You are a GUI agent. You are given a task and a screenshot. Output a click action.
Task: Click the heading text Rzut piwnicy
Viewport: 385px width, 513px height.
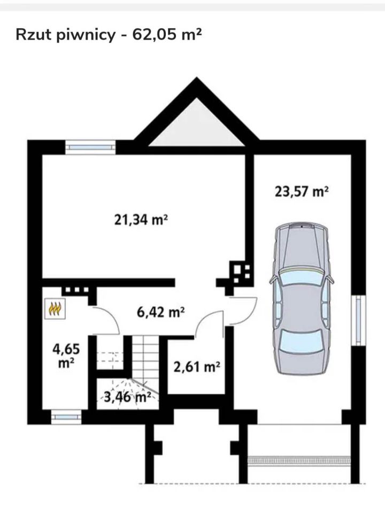point(65,35)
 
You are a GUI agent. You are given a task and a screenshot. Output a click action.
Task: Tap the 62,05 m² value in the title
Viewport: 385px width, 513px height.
point(166,34)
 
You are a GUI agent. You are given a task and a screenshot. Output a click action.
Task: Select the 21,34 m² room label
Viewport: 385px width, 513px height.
point(141,220)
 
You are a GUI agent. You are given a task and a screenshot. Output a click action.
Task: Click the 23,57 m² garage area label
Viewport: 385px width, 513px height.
point(301,191)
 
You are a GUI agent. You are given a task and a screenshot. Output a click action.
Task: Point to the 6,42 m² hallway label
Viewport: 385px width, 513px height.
point(161,312)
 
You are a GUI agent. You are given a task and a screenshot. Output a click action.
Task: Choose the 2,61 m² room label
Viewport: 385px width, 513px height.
point(196,367)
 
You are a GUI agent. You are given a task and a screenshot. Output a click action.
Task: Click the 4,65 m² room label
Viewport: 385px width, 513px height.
point(66,356)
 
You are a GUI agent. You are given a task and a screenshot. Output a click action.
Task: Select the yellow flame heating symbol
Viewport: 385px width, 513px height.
point(55,308)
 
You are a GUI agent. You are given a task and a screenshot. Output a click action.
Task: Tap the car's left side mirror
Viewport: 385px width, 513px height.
point(273,279)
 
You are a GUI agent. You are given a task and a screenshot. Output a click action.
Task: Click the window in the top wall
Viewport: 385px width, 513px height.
point(90,147)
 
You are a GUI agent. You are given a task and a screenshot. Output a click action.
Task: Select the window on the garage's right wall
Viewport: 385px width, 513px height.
point(358,320)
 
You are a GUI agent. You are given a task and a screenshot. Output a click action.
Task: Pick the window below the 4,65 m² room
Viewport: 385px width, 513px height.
point(66,417)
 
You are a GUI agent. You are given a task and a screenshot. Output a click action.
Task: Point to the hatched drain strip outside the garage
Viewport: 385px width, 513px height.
point(299,460)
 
